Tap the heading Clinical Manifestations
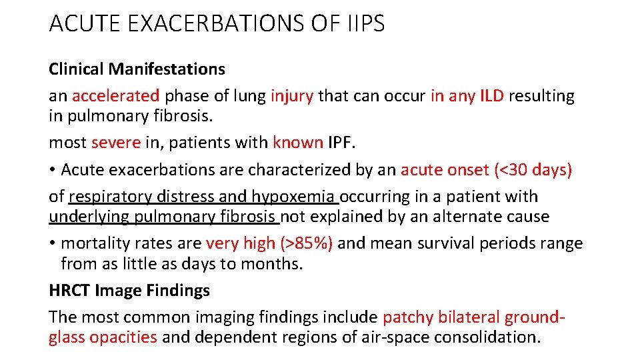tap(137, 69)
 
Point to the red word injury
tap(292, 96)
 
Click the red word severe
tap(116, 143)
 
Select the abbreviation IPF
tap(344, 143)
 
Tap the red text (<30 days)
tap(533, 170)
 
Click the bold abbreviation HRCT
tap(69, 291)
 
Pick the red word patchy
tap(407, 318)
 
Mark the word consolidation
tap(487, 337)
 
